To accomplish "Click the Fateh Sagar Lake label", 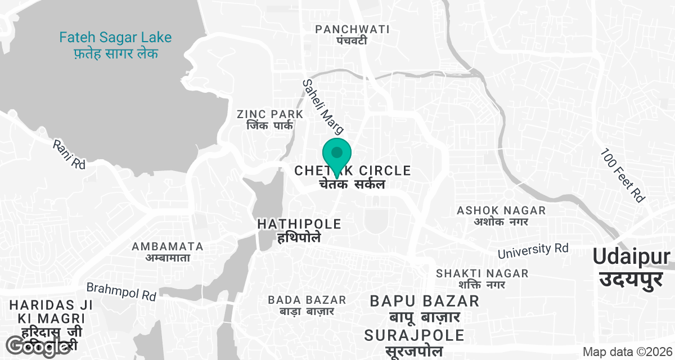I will [x=115, y=46].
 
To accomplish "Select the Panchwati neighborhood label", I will [x=352, y=34].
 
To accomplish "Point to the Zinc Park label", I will [x=270, y=120].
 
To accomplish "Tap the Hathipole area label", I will [x=299, y=230].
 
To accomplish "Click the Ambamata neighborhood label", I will [x=167, y=251].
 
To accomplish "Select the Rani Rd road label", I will [x=69, y=155].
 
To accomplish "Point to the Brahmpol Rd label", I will [x=121, y=291].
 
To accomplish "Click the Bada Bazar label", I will [x=307, y=305].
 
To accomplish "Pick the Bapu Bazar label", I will [x=425, y=308].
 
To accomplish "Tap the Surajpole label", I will [x=415, y=343].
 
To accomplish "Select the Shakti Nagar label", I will [x=482, y=278].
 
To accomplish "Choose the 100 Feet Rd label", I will [x=622, y=175].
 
